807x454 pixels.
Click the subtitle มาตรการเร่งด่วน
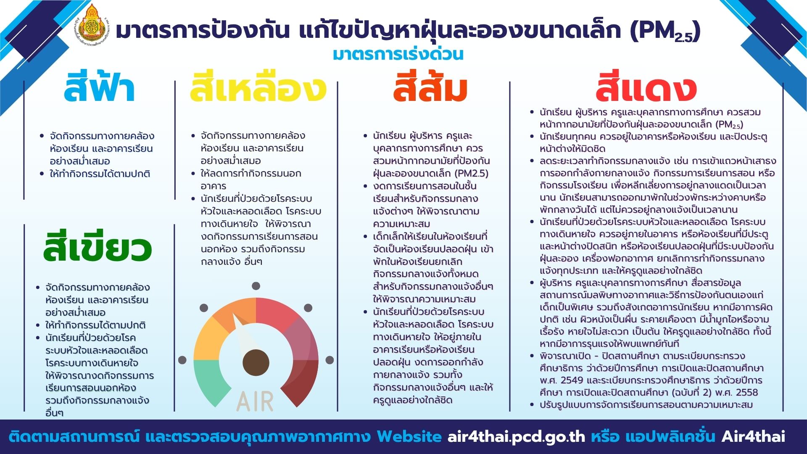[x=398, y=54]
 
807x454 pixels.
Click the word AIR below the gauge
[x=255, y=401]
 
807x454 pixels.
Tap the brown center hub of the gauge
[x=256, y=362]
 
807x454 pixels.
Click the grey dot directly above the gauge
[x=256, y=286]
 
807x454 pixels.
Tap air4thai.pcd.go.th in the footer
[x=516, y=437]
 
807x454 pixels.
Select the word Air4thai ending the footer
[x=753, y=436]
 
